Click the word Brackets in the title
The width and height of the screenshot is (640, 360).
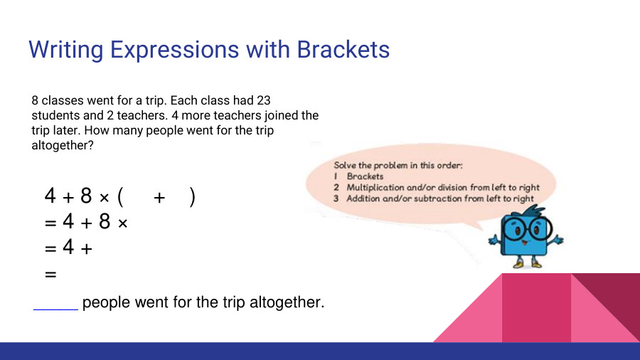pos(343,50)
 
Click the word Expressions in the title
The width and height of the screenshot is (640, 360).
pos(168,51)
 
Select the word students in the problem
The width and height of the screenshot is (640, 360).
pos(56,115)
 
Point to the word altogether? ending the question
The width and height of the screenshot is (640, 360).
pos(63,145)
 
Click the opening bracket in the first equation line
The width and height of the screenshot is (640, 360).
pos(121,196)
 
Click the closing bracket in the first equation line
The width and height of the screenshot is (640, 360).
pos(193,196)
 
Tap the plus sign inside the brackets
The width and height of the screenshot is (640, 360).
pos(159,198)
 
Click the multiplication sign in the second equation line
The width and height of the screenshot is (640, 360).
pos(122,223)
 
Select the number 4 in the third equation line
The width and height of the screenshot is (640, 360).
pos(68,248)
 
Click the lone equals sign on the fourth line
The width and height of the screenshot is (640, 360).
pos(50,273)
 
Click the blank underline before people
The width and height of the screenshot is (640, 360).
pos(55,308)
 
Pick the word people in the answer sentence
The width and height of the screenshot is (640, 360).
pos(103,303)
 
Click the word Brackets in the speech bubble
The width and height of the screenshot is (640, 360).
pos(365,176)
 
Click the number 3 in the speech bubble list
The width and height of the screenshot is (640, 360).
pos(336,198)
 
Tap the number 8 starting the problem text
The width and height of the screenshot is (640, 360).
pos(35,101)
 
